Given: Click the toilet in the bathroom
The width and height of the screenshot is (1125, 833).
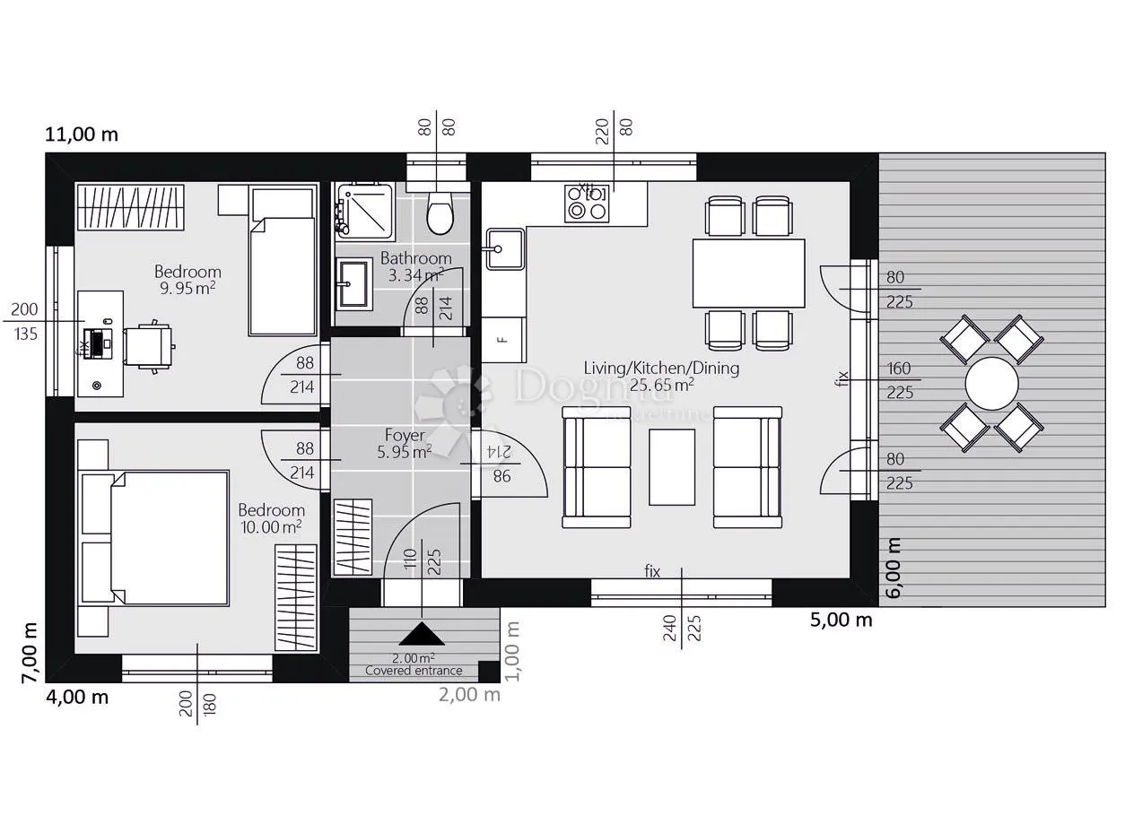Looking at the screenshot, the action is click(440, 213).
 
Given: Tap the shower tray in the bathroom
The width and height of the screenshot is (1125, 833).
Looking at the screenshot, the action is click(364, 211).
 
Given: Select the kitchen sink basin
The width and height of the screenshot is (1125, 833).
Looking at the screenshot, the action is click(505, 249).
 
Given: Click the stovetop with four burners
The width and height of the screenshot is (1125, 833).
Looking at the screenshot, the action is click(587, 203).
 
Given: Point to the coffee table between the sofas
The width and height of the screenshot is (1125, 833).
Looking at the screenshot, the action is click(672, 467).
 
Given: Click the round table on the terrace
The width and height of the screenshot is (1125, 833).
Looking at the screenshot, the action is click(991, 383).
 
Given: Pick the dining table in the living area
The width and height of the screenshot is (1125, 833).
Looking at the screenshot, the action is click(748, 273).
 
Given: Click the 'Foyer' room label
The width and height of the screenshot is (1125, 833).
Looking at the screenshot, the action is click(405, 435).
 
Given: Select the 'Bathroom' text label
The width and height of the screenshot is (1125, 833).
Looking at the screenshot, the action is click(416, 258).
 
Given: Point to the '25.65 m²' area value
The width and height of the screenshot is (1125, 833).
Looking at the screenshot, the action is click(661, 385).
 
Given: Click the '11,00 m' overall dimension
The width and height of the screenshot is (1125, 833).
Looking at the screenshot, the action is click(82, 134).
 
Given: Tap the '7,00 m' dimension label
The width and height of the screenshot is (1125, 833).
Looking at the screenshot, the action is click(30, 653).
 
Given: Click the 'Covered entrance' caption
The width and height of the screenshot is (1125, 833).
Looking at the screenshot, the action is click(414, 670).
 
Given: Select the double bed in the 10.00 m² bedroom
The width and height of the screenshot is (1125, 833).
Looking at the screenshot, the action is click(153, 538).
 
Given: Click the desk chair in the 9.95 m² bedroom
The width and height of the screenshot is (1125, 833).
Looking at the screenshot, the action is click(150, 347).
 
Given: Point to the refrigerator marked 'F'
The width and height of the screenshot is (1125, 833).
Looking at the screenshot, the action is click(503, 340).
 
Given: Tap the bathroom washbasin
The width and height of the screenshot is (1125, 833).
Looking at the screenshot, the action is click(352, 283).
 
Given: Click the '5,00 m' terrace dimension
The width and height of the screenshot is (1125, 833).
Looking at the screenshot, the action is click(841, 620).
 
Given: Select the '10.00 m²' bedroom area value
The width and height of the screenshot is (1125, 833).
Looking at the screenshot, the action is click(271, 527).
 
